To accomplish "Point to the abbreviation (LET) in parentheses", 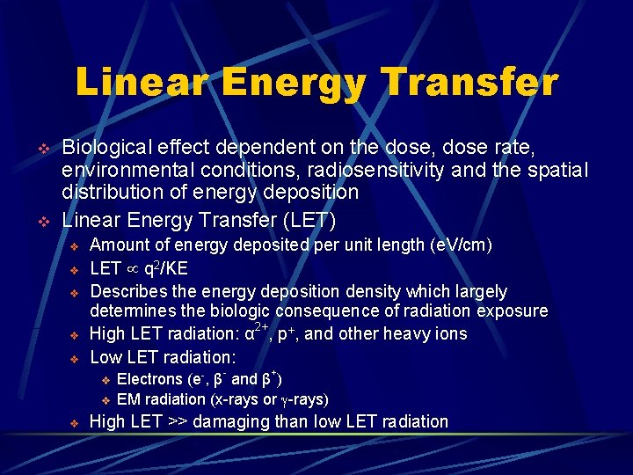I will pyautogui.click(x=309, y=218).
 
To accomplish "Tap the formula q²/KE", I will pyautogui.click(x=167, y=267).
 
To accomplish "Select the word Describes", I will pyautogui.click(x=132, y=291).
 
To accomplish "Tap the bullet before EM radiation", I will pyautogui.click(x=105, y=400).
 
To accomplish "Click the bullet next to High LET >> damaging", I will pyautogui.click(x=75, y=422).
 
